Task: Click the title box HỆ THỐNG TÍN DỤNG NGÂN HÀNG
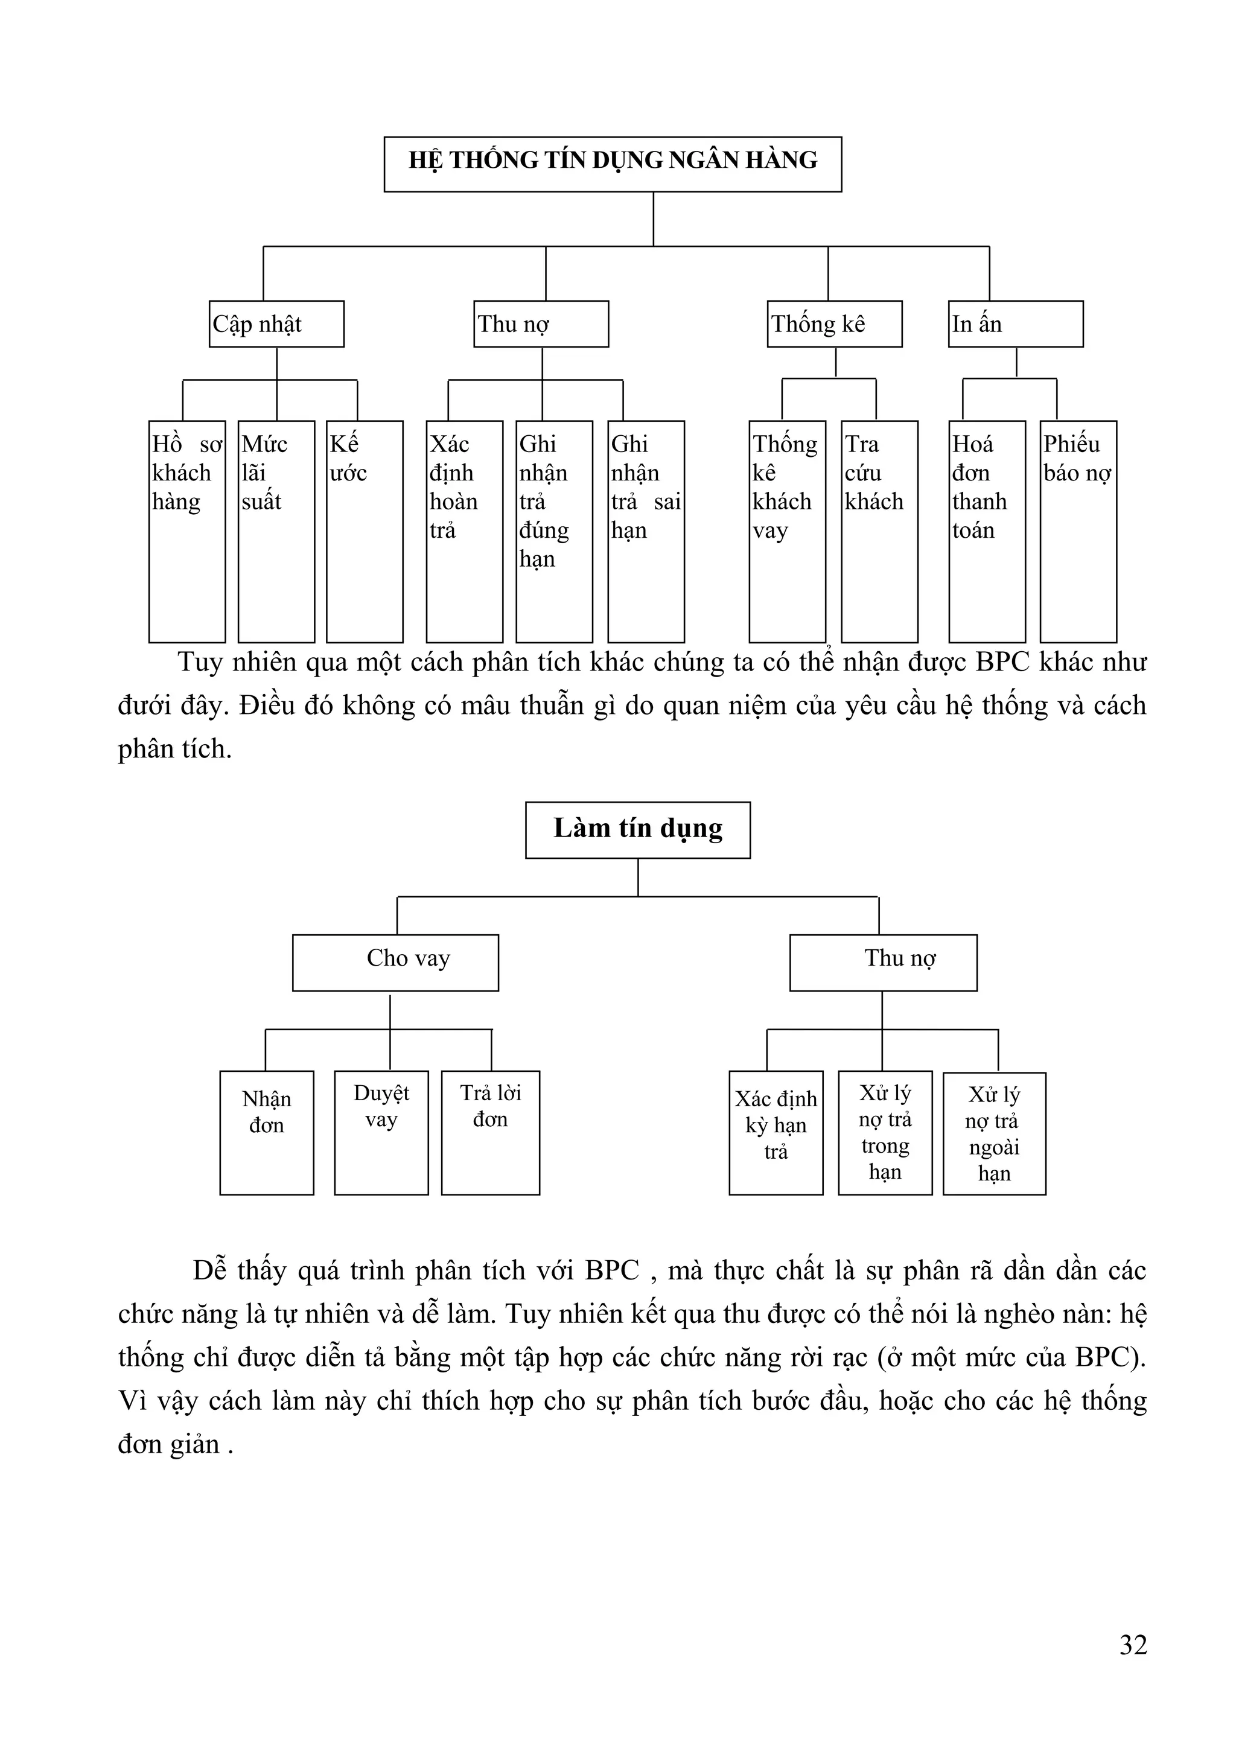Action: [x=613, y=164]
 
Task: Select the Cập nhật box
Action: [x=276, y=323]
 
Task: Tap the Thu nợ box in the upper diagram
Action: [x=541, y=323]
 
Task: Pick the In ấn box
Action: [x=1015, y=323]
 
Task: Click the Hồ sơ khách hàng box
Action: [x=186, y=531]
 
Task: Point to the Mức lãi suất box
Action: [x=276, y=531]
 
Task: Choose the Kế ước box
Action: [x=364, y=531]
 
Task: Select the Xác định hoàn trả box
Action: [x=463, y=531]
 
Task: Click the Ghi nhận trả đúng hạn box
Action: [x=553, y=531]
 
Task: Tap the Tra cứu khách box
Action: [x=879, y=531]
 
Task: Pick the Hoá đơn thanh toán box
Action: [x=986, y=531]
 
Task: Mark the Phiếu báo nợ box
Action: [x=1078, y=531]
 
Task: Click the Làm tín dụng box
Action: [x=637, y=830]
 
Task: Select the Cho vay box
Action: [x=395, y=962]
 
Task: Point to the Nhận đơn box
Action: [x=267, y=1132]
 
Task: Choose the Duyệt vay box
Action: [x=381, y=1132]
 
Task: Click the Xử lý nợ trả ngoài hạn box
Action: [x=994, y=1133]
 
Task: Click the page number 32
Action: [x=1132, y=1645]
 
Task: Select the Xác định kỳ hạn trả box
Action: [x=776, y=1132]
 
